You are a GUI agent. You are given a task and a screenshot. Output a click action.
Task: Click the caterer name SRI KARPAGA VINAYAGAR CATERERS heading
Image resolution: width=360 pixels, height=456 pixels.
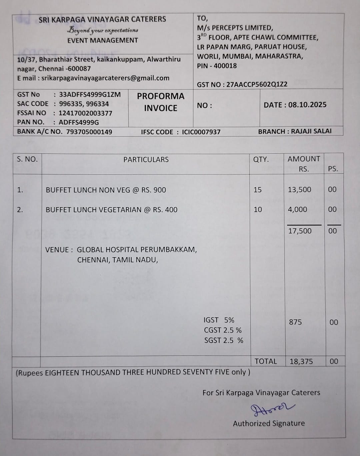102,19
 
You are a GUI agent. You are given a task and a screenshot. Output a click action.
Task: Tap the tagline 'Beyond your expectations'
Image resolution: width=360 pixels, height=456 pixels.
103,30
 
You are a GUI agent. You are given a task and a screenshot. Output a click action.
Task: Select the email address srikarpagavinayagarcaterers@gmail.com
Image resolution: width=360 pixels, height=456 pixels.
105,78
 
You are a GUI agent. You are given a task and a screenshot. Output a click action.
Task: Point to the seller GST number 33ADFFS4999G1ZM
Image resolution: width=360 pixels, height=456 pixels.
90,94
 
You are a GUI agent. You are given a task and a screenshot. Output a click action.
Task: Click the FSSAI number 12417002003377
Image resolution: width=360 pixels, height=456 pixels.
85,113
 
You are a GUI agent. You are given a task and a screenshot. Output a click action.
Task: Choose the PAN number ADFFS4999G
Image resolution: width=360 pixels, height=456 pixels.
79,122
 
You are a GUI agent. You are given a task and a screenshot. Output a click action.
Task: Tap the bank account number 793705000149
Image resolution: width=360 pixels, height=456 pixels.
89,132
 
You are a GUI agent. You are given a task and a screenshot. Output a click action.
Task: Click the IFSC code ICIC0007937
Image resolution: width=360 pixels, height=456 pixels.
201,132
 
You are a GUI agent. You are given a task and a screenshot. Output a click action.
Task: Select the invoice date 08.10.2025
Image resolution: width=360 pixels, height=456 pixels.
307,105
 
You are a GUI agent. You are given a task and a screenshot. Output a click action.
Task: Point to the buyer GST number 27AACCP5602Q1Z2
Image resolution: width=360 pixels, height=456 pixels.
257,84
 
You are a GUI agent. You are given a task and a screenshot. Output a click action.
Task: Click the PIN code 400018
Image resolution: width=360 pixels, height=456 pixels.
225,66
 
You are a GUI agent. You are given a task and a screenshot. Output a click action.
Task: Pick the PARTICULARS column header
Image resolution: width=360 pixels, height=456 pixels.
146,160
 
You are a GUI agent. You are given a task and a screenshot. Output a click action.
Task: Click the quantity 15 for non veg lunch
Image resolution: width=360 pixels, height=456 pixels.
258,190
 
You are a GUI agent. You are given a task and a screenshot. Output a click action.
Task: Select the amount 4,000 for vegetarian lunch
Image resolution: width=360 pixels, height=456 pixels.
297,209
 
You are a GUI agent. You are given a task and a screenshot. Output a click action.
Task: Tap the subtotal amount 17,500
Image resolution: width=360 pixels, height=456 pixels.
300,231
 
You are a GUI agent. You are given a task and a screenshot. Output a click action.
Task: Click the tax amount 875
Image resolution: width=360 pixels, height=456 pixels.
295,322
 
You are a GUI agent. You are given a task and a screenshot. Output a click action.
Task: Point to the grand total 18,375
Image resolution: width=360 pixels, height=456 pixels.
301,362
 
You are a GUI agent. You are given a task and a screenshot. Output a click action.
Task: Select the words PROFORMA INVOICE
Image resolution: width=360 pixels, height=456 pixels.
161,102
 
